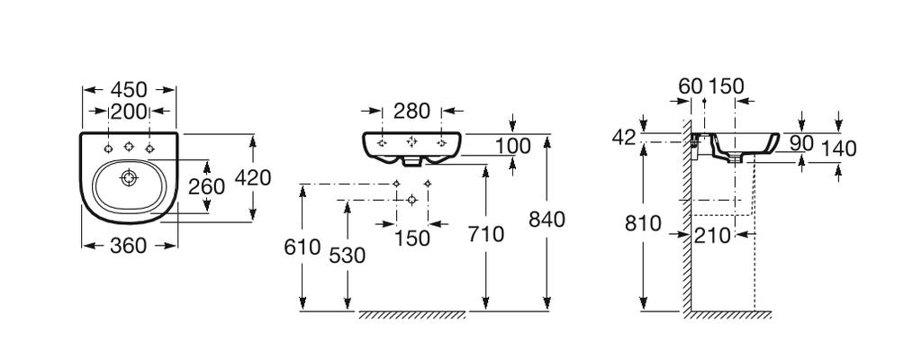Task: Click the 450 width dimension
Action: pos(129,90)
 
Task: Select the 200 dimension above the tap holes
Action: pos(129,111)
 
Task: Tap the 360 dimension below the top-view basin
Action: pos(128,246)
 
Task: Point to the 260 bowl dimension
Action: pos(206,186)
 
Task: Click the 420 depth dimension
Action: pos(253,177)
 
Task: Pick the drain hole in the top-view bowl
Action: pos(129,177)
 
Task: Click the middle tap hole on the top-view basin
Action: pos(129,147)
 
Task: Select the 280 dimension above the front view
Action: pos(412,111)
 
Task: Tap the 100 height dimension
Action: pos(512,146)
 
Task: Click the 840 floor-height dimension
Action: pos(547,220)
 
